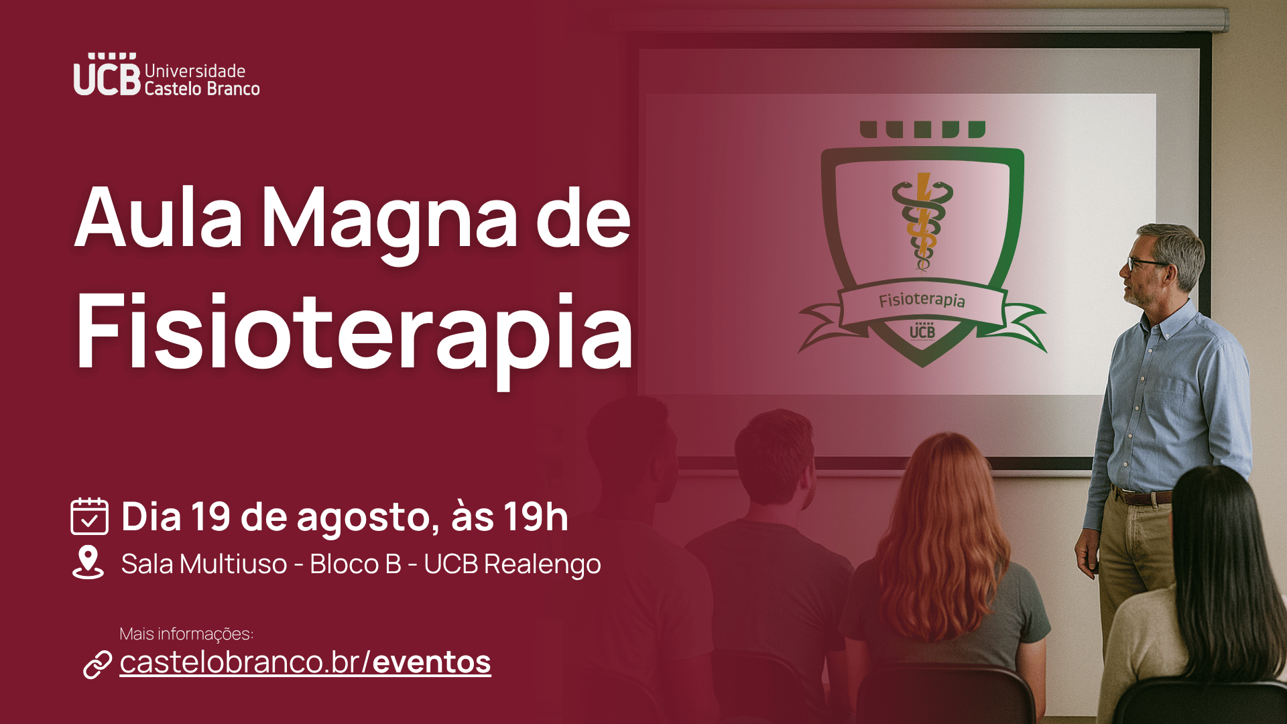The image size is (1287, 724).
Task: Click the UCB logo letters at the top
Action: [107, 74]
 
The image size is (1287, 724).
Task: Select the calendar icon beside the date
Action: [89, 516]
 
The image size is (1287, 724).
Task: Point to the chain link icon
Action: [97, 664]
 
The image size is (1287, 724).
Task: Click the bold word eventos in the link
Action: [432, 662]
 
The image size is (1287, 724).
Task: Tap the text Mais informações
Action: [186, 633]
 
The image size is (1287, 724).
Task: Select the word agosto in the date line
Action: [367, 519]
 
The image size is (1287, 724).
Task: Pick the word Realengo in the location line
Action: [542, 565]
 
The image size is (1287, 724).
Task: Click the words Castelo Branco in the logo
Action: [202, 88]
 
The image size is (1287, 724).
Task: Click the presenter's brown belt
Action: [1142, 497]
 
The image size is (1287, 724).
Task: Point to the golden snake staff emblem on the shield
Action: [922, 221]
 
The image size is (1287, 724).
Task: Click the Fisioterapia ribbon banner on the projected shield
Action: [922, 300]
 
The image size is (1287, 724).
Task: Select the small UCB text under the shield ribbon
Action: [922, 330]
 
